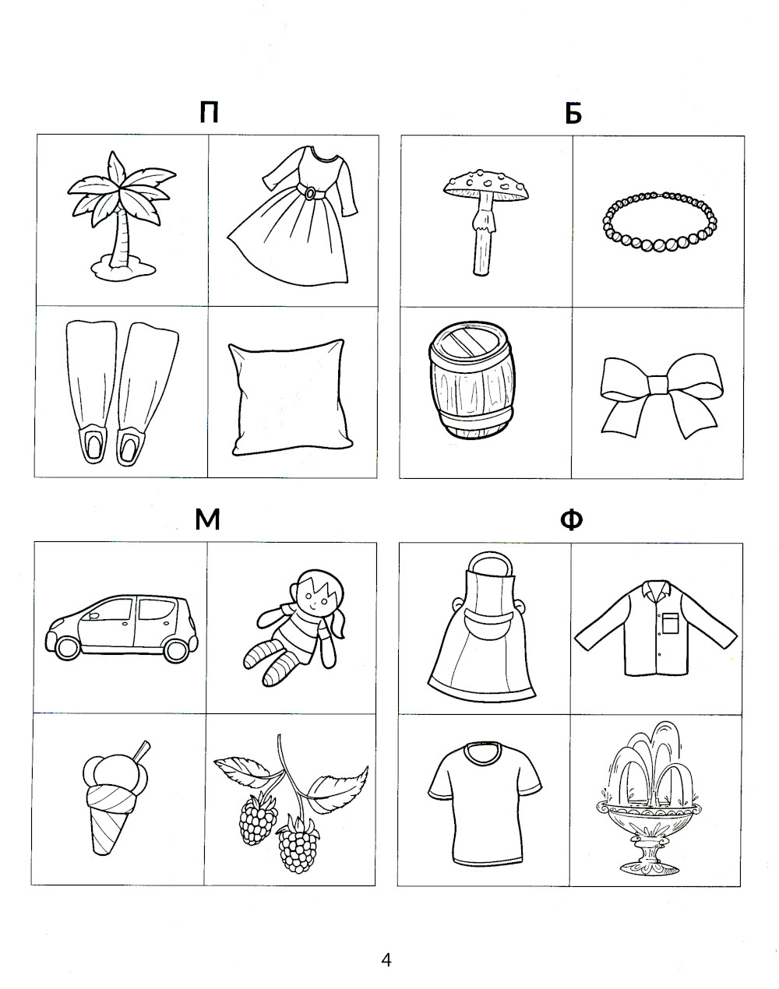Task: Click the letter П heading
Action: click(209, 112)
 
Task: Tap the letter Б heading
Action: click(573, 113)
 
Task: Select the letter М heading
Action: click(207, 519)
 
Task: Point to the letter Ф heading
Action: click(572, 519)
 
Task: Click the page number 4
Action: click(386, 960)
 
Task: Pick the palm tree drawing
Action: click(122, 216)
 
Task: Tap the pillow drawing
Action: click(291, 398)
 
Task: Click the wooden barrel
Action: click(471, 380)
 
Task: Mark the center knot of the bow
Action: click(658, 385)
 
